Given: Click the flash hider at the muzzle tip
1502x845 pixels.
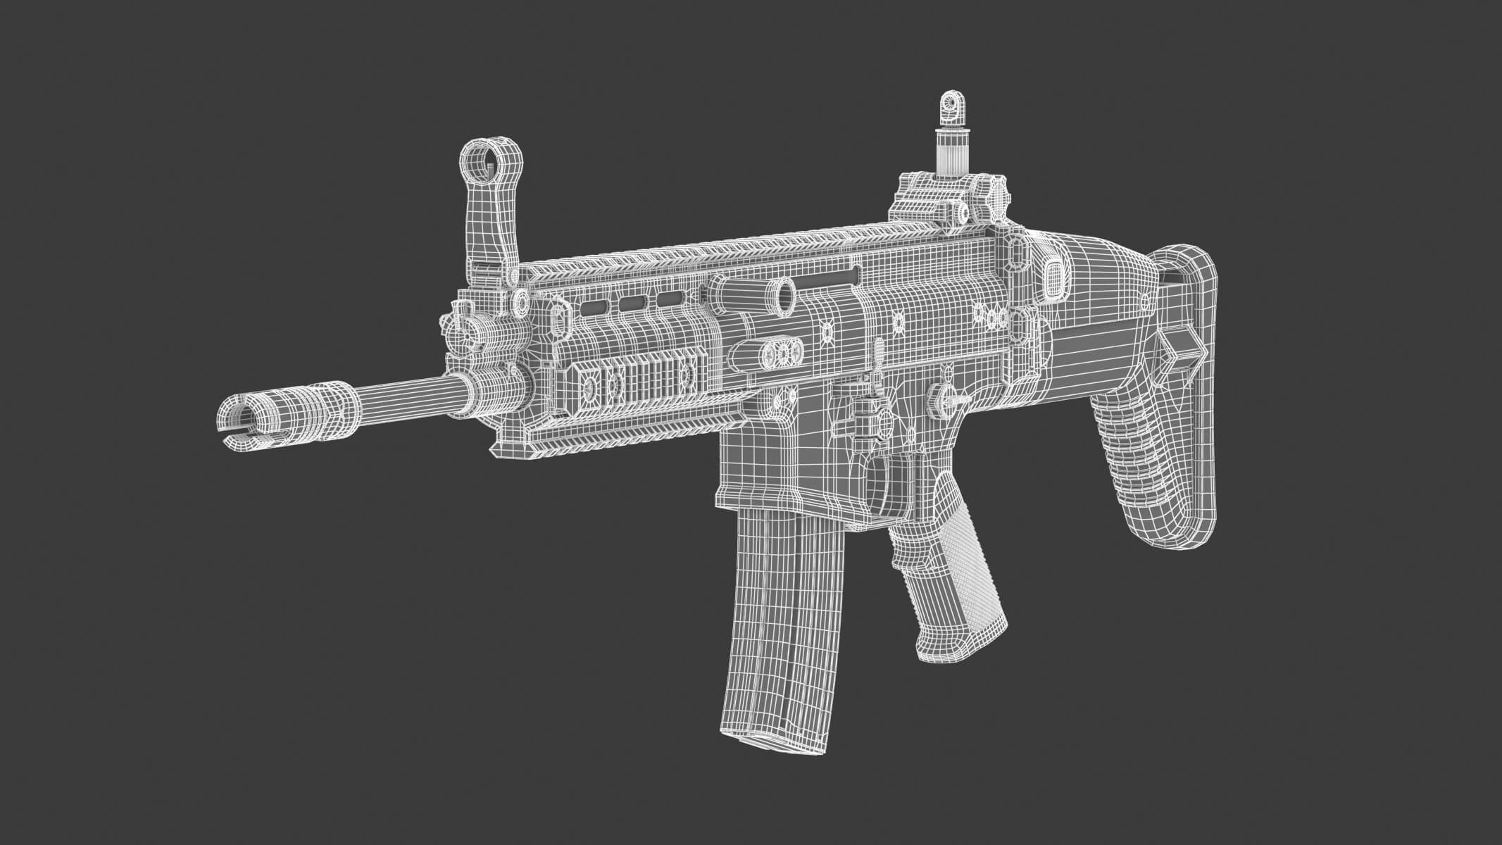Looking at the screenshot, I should coord(243,419).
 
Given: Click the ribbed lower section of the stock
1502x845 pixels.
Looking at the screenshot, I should coord(1134,451).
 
